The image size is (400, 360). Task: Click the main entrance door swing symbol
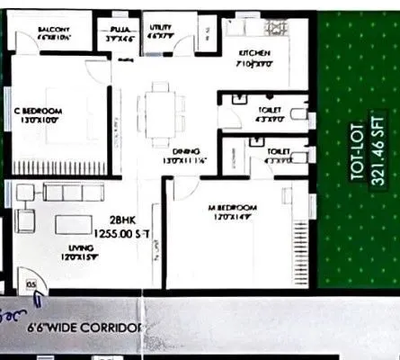click(x=32, y=283)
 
